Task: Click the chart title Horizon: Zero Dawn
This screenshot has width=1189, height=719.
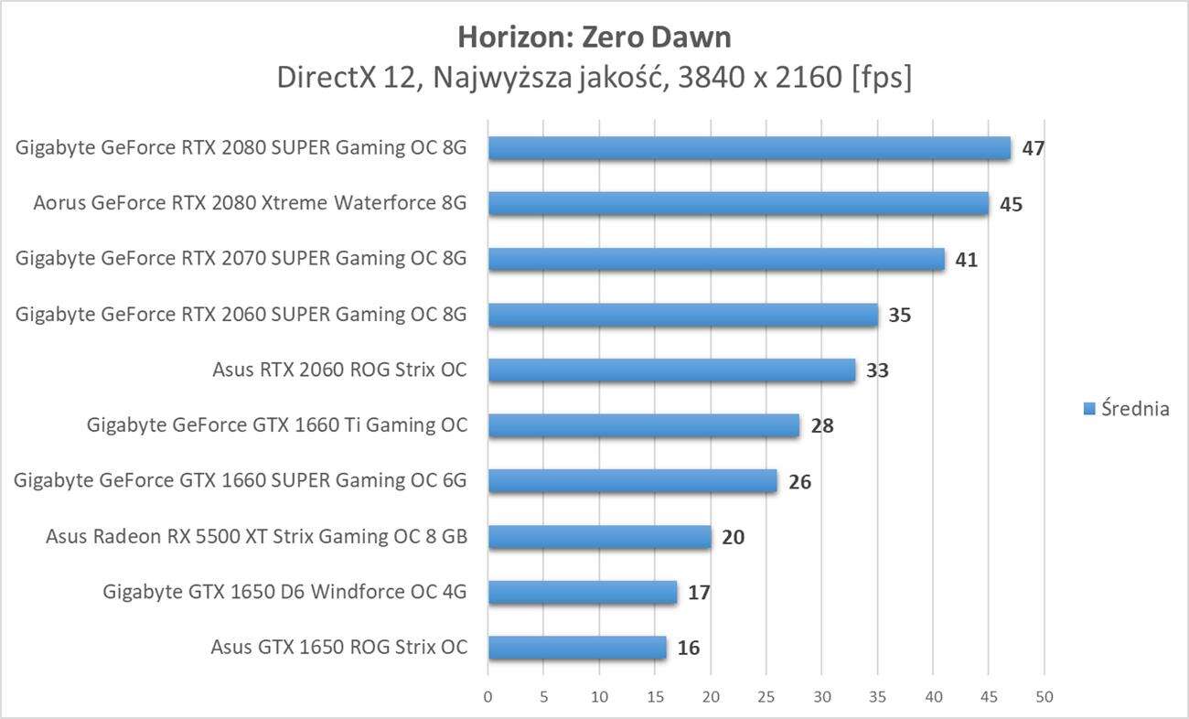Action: click(594, 37)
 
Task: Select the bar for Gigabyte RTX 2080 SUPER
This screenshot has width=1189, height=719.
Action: click(749, 148)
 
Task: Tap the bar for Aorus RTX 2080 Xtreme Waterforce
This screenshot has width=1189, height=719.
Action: click(738, 204)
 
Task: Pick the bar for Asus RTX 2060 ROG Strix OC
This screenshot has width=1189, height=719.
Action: click(671, 370)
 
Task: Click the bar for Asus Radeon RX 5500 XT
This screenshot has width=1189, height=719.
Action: click(599, 537)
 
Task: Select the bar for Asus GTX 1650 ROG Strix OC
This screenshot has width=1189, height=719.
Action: click(577, 648)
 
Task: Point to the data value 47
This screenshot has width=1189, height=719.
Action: click(1034, 148)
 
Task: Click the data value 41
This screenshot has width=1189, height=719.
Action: click(966, 260)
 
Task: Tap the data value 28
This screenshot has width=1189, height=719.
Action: click(821, 426)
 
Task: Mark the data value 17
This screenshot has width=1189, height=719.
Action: click(699, 593)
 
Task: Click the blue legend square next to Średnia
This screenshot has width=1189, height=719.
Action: click(1089, 409)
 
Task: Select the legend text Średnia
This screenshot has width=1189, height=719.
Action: click(1135, 409)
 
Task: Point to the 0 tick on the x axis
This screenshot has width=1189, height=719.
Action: click(487, 697)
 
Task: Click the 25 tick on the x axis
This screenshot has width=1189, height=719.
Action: click(766, 697)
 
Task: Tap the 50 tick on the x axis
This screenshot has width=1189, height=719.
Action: click(1044, 697)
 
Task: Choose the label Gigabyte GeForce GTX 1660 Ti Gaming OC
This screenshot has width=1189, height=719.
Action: click(276, 425)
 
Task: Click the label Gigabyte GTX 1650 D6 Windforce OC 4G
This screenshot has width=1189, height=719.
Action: click(284, 592)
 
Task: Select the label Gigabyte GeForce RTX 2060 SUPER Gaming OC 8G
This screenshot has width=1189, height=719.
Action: click(241, 315)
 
